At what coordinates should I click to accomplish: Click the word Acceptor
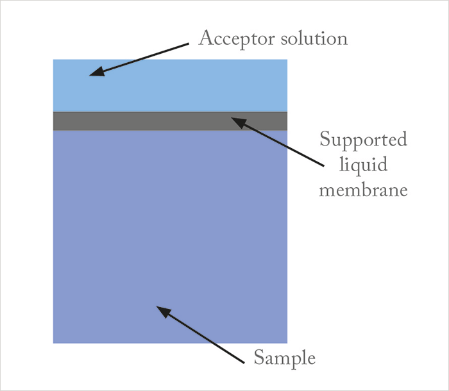pyautogui.click(x=237, y=39)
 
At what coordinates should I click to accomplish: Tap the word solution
pyautogui.click(x=314, y=38)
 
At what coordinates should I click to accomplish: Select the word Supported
pyautogui.click(x=363, y=140)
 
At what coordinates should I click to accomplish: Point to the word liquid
pyautogui.click(x=363, y=165)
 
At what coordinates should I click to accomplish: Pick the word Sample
pyautogui.click(x=285, y=358)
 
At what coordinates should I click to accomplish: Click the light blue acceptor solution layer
pyautogui.click(x=170, y=85)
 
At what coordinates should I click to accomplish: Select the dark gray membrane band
pyautogui.click(x=170, y=121)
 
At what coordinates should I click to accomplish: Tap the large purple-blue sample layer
pyautogui.click(x=170, y=237)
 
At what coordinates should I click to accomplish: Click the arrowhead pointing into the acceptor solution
pyautogui.click(x=97, y=72)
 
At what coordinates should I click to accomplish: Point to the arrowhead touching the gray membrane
pyautogui.click(x=239, y=122)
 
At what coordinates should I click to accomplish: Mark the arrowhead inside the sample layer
pyautogui.click(x=164, y=312)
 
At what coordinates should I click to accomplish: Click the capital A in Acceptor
pyautogui.click(x=206, y=37)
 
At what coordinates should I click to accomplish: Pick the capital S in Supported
pyautogui.click(x=325, y=138)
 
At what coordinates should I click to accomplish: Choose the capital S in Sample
pyautogui.click(x=260, y=357)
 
